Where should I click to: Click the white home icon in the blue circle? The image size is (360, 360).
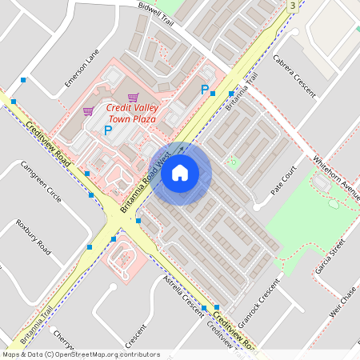[180, 173]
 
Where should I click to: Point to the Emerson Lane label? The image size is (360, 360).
[82, 70]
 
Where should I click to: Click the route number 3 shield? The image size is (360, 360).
[293, 6]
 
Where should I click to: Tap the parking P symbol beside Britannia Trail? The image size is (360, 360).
[205, 90]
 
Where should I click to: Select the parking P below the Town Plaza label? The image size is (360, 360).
[108, 130]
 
